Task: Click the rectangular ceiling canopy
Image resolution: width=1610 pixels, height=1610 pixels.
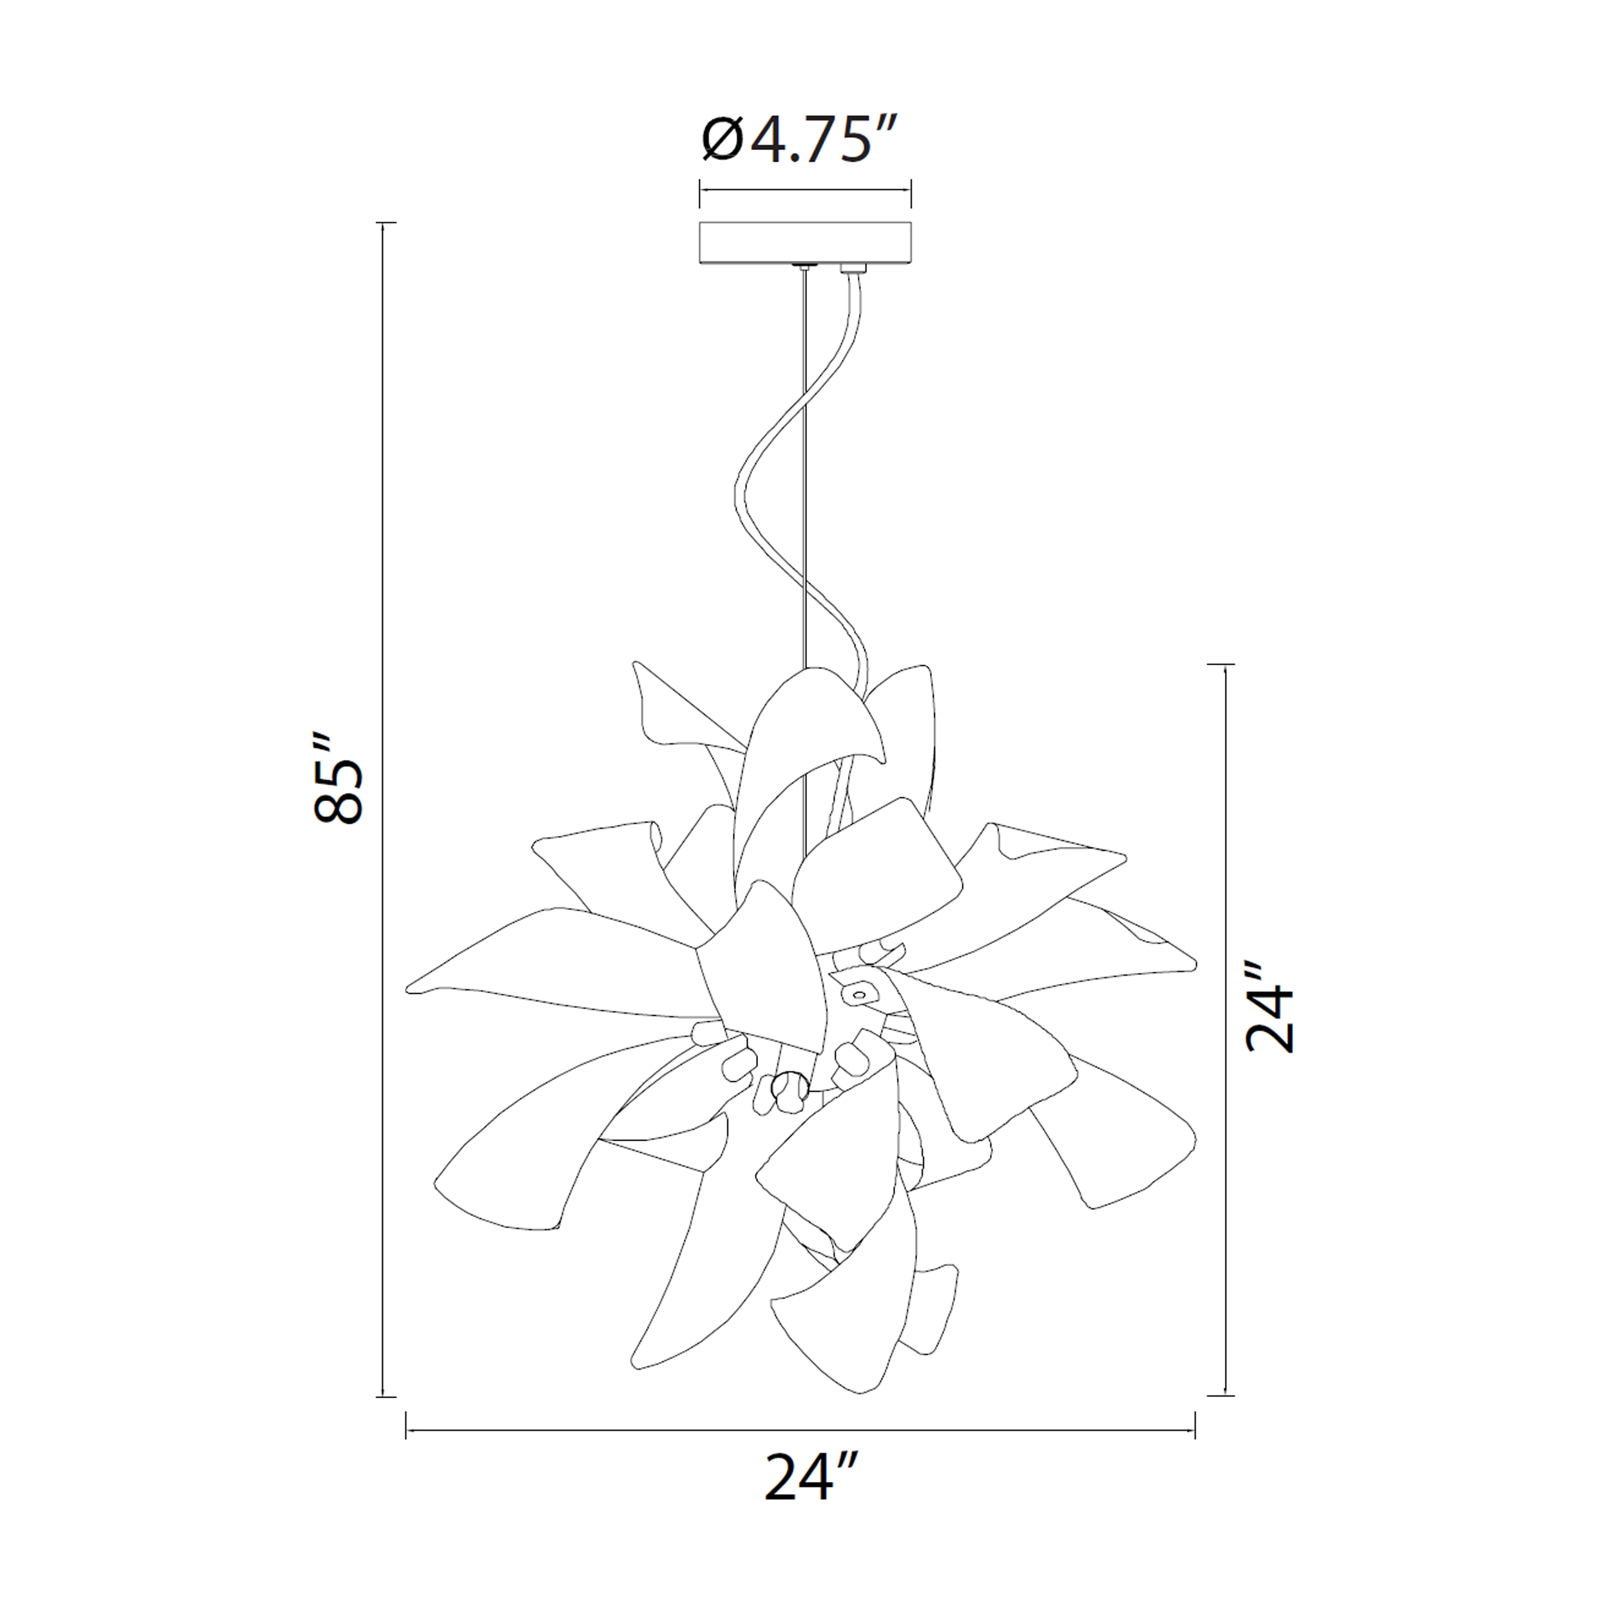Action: tap(805, 243)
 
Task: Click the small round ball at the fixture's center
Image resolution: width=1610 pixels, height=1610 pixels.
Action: tap(788, 1086)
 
